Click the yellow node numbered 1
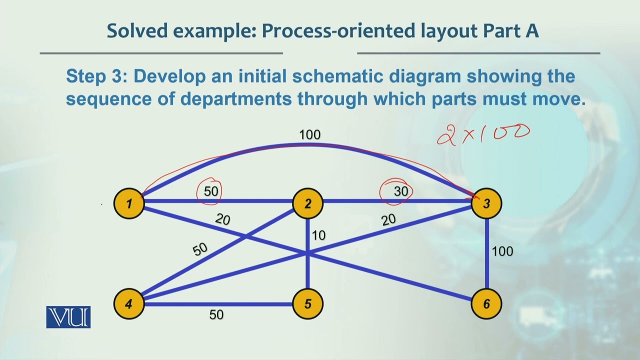click(x=129, y=203)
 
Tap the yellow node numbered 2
click(x=308, y=203)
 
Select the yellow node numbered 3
click(x=486, y=203)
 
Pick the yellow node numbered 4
click(x=129, y=303)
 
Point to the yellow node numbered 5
click(x=308, y=303)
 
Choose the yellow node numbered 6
click(x=486, y=303)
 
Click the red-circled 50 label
click(x=211, y=190)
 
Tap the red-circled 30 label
click(x=400, y=190)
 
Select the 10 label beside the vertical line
click(x=318, y=235)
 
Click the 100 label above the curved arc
click(x=309, y=134)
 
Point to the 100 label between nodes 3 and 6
click(x=502, y=251)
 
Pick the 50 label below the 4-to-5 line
click(x=216, y=315)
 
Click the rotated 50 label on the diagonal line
click(x=200, y=249)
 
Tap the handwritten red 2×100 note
click(x=483, y=133)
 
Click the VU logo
click(x=68, y=317)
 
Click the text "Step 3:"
click(x=94, y=76)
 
